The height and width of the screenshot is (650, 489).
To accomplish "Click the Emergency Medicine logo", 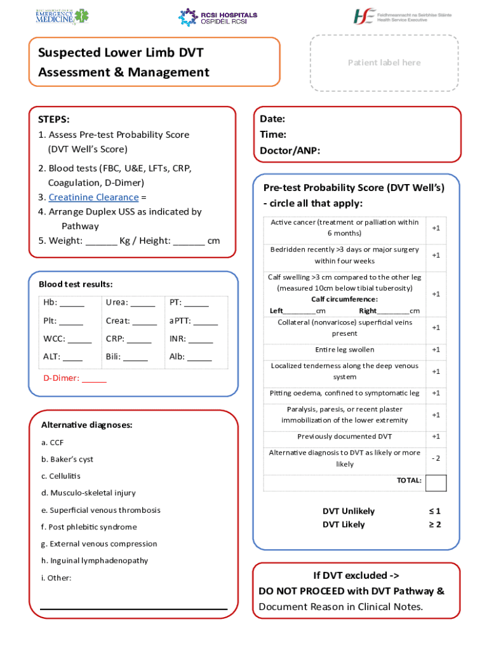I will click(x=62, y=16).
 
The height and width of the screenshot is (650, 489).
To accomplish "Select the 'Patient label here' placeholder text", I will click(x=384, y=62).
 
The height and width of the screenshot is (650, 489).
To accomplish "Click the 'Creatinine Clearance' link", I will click(x=93, y=197).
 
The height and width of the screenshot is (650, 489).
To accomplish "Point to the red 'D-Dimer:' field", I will click(x=74, y=378).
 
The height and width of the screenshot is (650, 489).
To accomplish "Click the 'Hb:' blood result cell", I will click(x=64, y=302).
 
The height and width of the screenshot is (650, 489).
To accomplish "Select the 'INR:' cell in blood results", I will click(x=191, y=338).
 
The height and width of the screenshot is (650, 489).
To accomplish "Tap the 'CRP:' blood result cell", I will click(x=128, y=338).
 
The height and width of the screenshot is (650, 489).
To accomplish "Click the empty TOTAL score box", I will click(x=436, y=482).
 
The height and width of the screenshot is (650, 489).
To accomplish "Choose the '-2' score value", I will click(x=436, y=458).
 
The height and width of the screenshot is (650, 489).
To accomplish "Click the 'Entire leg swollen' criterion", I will click(x=344, y=350).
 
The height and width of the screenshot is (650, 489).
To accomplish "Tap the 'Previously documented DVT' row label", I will click(x=344, y=436).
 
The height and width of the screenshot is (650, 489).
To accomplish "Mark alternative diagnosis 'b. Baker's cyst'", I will click(x=67, y=459).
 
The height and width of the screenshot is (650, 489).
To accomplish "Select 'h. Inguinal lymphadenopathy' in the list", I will click(x=95, y=560).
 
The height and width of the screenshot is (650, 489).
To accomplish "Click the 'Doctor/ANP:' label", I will click(x=290, y=150).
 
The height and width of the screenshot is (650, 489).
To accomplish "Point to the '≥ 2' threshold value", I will click(x=434, y=524).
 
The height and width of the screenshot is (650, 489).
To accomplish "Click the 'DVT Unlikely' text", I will click(x=348, y=511).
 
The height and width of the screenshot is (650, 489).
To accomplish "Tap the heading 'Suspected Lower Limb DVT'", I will click(x=121, y=52).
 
